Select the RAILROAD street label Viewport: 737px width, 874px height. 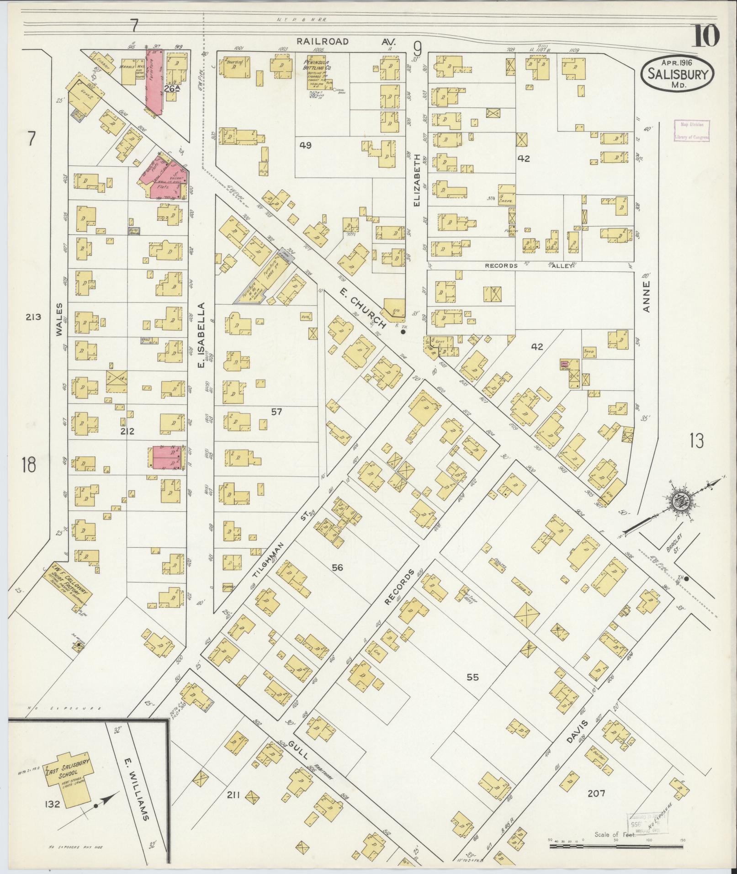(322, 42)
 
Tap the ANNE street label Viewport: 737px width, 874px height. (646, 296)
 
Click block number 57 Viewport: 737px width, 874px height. (276, 412)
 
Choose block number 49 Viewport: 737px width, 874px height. (305, 145)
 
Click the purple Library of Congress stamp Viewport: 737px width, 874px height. (691, 130)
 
